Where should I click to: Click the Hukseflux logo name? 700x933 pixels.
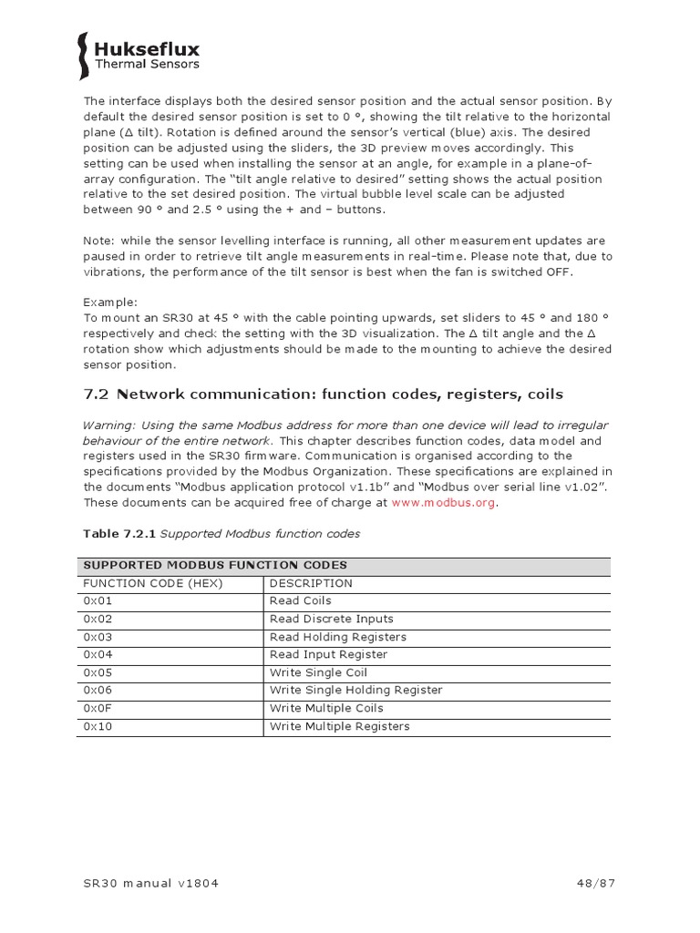[147, 49]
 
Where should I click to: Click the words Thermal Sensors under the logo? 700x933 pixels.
[147, 65]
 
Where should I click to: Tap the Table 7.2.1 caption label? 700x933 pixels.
[113, 534]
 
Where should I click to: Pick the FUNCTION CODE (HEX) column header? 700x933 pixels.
[153, 583]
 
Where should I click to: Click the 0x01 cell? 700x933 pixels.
[98, 601]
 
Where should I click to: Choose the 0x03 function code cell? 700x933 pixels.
[98, 637]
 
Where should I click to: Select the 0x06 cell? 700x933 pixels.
[98, 691]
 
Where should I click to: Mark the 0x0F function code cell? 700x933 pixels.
[98, 708]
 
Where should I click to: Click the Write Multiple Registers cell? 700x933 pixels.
[339, 726]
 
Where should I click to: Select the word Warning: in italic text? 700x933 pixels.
[109, 426]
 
